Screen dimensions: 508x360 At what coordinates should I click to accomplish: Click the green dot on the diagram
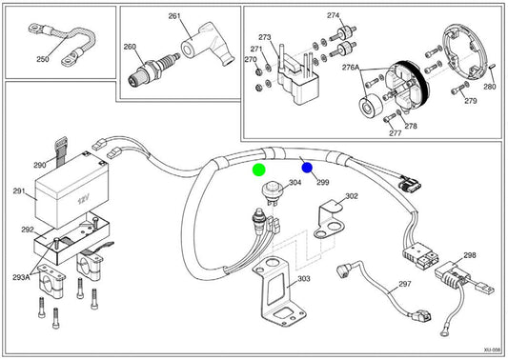coord(259,170)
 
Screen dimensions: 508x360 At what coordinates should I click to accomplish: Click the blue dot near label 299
coord(307,168)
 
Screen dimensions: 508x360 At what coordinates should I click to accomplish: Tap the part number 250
coord(43,59)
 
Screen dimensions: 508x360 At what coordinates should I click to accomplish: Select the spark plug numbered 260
coord(153,70)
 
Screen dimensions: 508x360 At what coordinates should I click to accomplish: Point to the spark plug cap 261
coord(208,44)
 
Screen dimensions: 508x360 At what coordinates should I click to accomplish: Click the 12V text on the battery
coord(83,200)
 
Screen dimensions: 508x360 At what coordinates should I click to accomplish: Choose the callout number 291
coord(19,191)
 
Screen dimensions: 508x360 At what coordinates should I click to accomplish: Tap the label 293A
coord(21,277)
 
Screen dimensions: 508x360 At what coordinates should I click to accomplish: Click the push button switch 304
coord(272,193)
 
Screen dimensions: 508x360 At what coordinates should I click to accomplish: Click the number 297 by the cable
coord(405,284)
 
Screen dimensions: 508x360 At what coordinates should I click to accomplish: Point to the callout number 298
coord(470,255)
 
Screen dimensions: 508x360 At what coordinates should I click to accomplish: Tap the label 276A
coord(351,68)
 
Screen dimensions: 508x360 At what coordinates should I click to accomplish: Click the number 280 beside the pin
coord(490,87)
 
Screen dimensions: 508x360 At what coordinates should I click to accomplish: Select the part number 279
coord(471,101)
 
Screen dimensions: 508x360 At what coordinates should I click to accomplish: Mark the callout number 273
coord(265,37)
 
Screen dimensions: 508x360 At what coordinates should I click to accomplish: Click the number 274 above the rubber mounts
coord(333,15)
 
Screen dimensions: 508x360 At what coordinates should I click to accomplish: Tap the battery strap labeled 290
coord(61,151)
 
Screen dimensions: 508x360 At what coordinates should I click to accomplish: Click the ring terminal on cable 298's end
coord(445,331)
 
